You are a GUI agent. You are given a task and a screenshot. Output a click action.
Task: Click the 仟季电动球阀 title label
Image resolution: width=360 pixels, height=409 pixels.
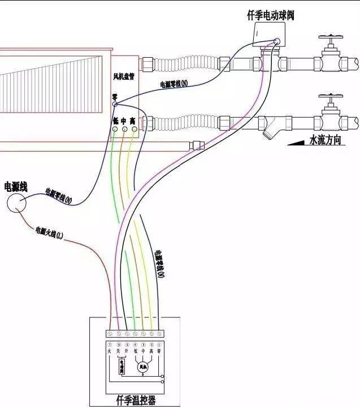coord(271,16)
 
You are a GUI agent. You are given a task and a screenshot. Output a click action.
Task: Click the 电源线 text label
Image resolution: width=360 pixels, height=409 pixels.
coord(16,187)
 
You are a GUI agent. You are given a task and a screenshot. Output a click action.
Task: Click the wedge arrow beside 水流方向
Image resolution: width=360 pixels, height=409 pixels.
coord(297,141)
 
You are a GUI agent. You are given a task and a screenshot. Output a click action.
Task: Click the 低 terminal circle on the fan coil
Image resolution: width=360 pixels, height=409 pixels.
coord(115,130)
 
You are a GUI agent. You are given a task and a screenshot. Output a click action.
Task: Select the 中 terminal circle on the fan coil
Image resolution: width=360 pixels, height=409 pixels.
coord(124,130)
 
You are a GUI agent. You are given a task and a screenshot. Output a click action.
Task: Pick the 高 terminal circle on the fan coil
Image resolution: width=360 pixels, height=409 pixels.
coord(133,130)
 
